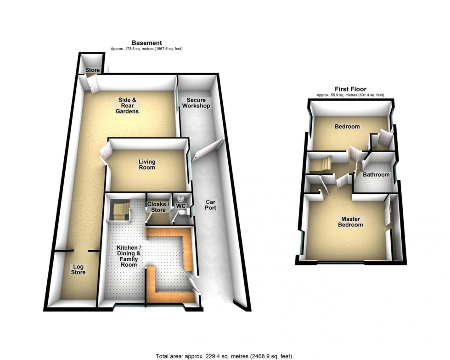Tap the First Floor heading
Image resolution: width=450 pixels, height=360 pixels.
pyautogui.click(x=350, y=90)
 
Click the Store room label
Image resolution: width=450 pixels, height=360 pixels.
pyautogui.click(x=92, y=70)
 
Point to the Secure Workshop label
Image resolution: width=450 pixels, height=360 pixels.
pyautogui.click(x=196, y=103)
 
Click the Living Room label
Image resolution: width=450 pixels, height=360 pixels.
pyautogui.click(x=147, y=164)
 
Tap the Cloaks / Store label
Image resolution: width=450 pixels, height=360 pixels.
pyautogui.click(x=158, y=207)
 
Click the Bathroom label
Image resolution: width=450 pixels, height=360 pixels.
pyautogui.click(x=376, y=174)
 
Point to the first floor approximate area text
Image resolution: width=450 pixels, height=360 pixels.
pyautogui.click(x=350, y=95)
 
